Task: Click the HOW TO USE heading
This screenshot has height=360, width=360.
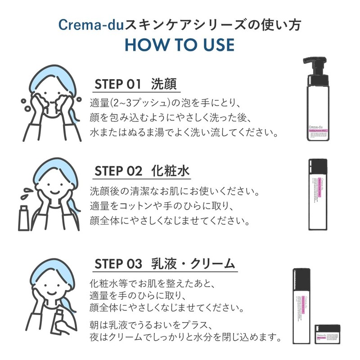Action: coord(180,45)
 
